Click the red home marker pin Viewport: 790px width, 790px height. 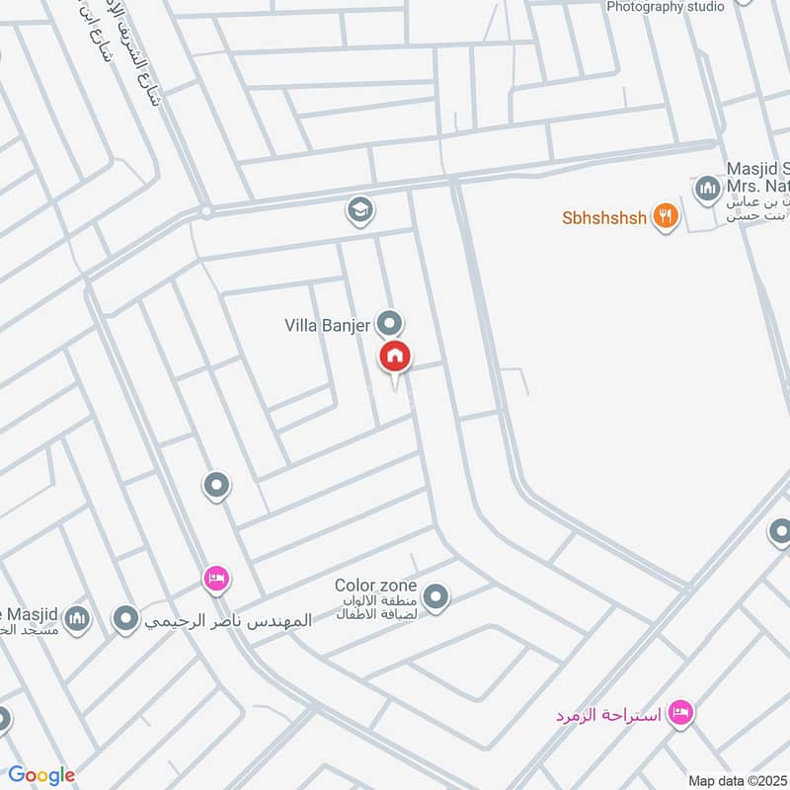pyautogui.click(x=395, y=356)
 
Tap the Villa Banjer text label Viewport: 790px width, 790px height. pyautogui.click(x=327, y=323)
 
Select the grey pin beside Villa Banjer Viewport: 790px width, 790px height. pyautogui.click(x=391, y=322)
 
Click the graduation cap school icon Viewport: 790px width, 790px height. pyautogui.click(x=358, y=208)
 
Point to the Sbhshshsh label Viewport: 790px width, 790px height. pyautogui.click(x=604, y=217)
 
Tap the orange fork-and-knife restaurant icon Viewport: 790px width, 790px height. pyautogui.click(x=666, y=216)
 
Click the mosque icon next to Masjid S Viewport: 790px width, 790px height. pyautogui.click(x=706, y=188)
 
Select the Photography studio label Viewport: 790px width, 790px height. pyautogui.click(x=666, y=6)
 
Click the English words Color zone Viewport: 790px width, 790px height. pyautogui.click(x=375, y=585)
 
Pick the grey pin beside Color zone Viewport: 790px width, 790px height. pyautogui.click(x=435, y=596)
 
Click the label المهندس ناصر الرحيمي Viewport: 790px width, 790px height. pyautogui.click(x=228, y=621)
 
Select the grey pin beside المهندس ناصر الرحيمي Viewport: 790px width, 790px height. pyautogui.click(x=125, y=619)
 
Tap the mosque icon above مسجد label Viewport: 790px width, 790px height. pyautogui.click(x=77, y=619)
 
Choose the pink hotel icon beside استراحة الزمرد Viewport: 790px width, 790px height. pyautogui.click(x=680, y=712)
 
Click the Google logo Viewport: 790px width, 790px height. pyautogui.click(x=41, y=775)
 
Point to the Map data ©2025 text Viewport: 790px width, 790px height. pyautogui.click(x=737, y=780)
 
